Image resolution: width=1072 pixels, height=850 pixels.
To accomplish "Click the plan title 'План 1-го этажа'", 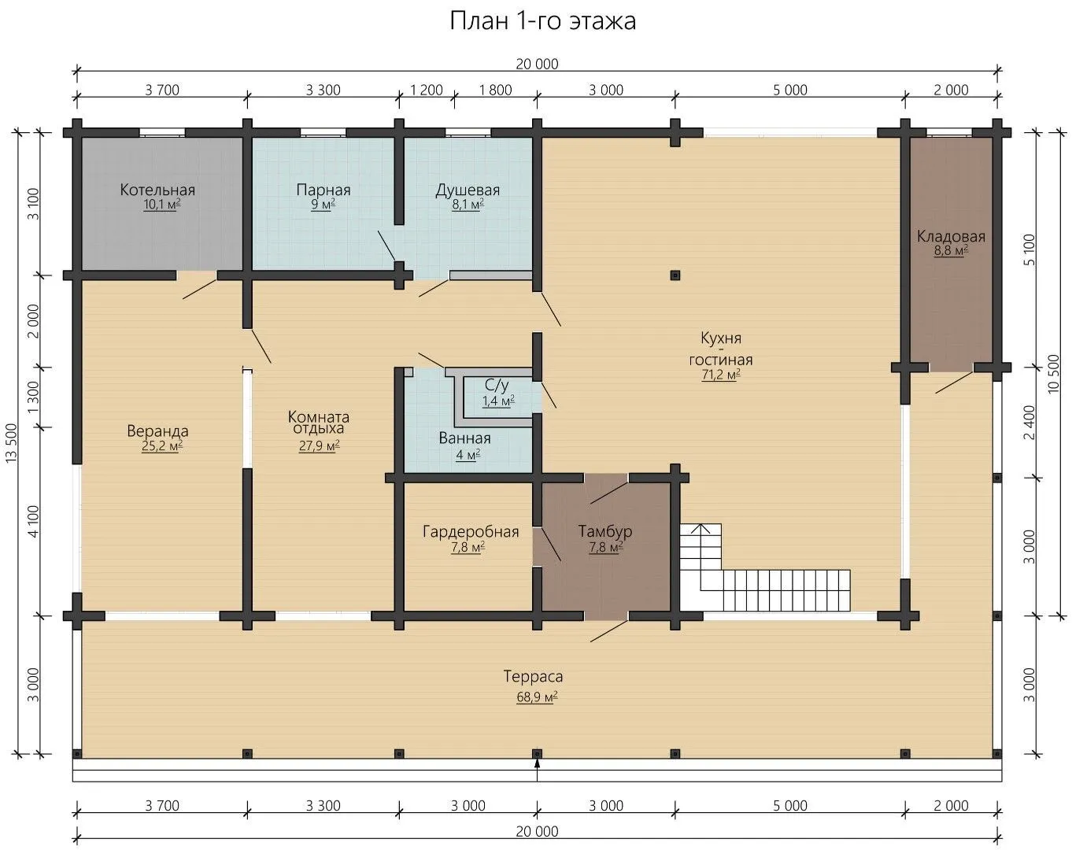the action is pos(542,21).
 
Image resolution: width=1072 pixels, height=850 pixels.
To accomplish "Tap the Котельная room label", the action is pos(157,190).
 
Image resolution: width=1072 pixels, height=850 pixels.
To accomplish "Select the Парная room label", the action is pos(323,190).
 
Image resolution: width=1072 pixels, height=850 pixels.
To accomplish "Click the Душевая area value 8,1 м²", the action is pos(468,205).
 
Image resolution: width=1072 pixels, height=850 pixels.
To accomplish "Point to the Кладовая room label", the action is pos(951,236).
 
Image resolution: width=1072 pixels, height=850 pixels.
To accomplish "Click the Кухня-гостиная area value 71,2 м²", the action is pos(720,374).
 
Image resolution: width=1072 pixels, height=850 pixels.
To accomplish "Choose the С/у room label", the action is pos(497,385).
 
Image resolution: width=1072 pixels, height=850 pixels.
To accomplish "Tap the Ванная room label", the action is pos(464,438).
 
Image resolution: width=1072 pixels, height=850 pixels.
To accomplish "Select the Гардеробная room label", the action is pos(471,531).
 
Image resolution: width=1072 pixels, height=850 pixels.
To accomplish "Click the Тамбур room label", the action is pos(604,531).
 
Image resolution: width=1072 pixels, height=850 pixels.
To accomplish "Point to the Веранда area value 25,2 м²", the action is pos(162,446).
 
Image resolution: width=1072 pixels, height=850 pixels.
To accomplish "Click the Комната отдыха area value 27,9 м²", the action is pos(320,445).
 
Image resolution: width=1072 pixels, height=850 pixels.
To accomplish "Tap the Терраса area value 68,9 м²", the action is pos(537,697).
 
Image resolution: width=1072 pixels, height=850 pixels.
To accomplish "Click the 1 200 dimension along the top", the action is pos(427,91).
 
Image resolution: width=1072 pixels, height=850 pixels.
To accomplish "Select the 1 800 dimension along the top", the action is pos(495,91).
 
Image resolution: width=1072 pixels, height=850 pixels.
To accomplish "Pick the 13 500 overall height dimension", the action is pos(12,443).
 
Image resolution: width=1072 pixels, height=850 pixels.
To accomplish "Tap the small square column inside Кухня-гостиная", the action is pos(675,275).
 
